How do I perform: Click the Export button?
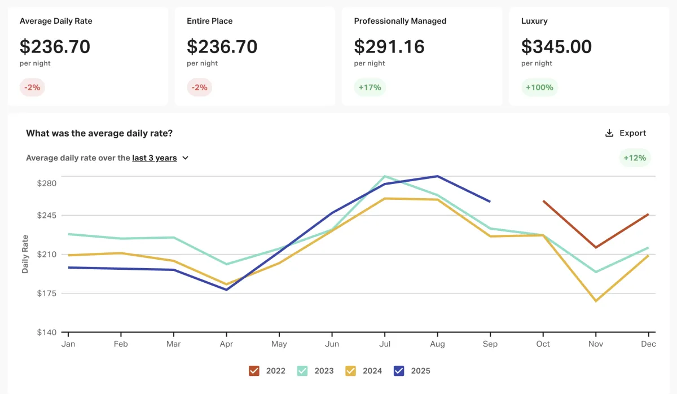tap(625, 133)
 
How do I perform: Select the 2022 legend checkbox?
tap(254, 371)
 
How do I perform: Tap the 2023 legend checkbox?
tap(302, 371)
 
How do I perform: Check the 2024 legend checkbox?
tap(350, 371)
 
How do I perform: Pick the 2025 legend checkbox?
tap(399, 371)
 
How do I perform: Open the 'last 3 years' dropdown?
tap(160, 158)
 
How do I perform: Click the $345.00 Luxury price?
tap(556, 46)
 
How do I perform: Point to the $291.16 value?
tap(389, 46)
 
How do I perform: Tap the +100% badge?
tap(539, 87)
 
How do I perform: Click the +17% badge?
tap(370, 87)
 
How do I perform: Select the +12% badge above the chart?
tap(635, 158)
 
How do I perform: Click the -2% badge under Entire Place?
tap(199, 87)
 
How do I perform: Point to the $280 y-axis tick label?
tap(47, 183)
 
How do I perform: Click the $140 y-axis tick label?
tap(47, 332)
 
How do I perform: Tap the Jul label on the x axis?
tap(385, 344)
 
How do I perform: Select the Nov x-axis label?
tap(596, 344)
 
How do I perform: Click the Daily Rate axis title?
tap(25, 254)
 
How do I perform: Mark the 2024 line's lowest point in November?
tap(596, 301)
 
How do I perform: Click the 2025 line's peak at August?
tap(438, 176)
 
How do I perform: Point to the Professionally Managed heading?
tap(400, 21)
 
